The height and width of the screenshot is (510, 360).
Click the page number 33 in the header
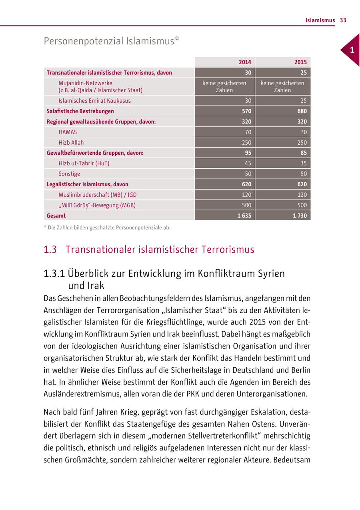[x=343, y=20]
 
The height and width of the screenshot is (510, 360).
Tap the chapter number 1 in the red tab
[x=352, y=50]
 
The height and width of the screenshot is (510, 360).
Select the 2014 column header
[x=245, y=62]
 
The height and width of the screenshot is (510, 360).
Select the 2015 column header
[x=300, y=62]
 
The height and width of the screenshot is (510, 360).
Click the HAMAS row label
[x=68, y=132]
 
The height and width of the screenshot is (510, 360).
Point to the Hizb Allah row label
[x=71, y=142]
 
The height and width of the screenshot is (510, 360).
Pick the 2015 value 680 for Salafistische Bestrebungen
[x=302, y=111]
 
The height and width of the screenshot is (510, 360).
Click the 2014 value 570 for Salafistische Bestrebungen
[x=246, y=111]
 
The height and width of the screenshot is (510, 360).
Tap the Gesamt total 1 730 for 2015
[x=300, y=215]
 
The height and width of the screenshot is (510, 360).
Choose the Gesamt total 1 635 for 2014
[x=244, y=215]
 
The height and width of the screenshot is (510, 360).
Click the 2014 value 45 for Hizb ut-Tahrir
[x=248, y=163]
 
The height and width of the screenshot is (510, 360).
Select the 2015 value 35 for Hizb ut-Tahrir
[x=304, y=163]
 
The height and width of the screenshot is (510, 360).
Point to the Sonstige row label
[x=69, y=174]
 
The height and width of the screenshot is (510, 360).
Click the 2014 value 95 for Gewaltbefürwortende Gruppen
[x=248, y=153]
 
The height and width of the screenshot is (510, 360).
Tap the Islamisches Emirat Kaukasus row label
[x=94, y=101]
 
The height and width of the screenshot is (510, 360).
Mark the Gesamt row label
[x=56, y=215]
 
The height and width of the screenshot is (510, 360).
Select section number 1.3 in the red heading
[x=50, y=250]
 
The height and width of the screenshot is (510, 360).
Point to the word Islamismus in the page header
[x=320, y=20]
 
